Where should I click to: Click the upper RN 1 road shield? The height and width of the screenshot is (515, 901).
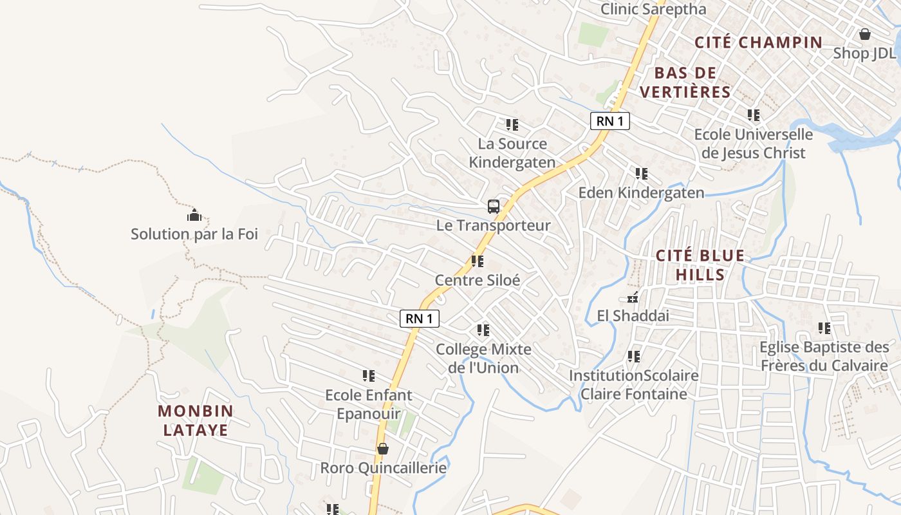click(x=609, y=120)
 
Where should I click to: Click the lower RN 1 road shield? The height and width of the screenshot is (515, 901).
click(x=420, y=318)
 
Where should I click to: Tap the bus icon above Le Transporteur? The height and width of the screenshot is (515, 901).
click(x=494, y=207)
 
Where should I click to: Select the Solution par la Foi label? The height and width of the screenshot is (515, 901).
click(x=194, y=234)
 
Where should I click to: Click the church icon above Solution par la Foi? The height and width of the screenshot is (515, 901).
click(x=194, y=215)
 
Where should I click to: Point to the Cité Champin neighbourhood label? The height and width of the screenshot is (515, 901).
click(x=759, y=43)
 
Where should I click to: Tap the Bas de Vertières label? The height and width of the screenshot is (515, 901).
click(x=685, y=82)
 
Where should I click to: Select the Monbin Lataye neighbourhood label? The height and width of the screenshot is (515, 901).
click(x=196, y=420)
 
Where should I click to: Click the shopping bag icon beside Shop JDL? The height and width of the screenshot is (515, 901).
click(x=865, y=34)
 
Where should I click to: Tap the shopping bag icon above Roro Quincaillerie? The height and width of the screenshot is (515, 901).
click(x=383, y=449)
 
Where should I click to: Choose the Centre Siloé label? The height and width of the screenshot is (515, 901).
click(x=478, y=281)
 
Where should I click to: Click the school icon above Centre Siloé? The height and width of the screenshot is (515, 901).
click(x=478, y=261)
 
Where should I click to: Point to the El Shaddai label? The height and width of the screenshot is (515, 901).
click(x=633, y=316)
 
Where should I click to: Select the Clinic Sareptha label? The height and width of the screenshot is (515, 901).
click(x=653, y=9)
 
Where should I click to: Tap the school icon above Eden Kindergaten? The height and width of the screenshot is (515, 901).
click(x=641, y=174)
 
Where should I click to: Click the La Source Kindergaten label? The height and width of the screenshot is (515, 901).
click(x=512, y=153)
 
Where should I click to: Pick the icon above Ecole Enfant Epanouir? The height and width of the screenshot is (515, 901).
click(x=369, y=375)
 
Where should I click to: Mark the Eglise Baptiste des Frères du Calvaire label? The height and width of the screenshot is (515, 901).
click(x=824, y=357)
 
